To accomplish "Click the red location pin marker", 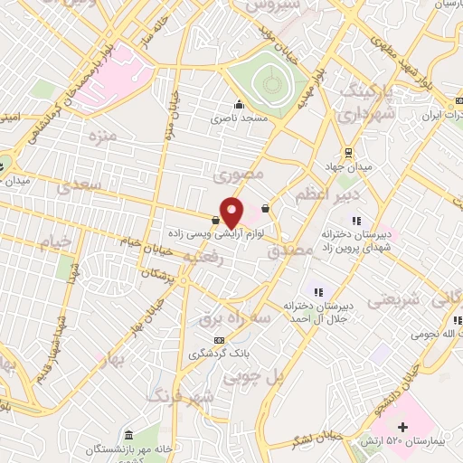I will tap(232, 213).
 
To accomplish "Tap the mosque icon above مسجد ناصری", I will tap(239, 105).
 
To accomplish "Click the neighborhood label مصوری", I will tap(243, 170).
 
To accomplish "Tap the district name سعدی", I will tap(75, 188).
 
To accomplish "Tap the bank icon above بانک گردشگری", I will tap(217, 340).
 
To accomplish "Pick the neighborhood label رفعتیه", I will tap(203, 257).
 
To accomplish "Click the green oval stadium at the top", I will tap(268, 85).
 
